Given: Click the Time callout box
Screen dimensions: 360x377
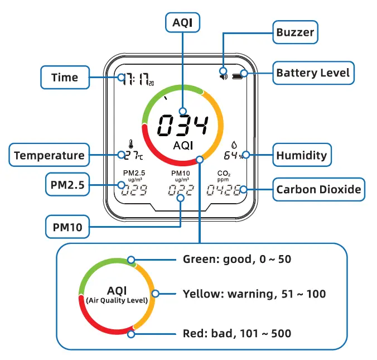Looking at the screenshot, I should (65, 77).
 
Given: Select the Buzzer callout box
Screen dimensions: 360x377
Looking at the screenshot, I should (295, 32).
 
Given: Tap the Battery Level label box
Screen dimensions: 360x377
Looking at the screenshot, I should (313, 73).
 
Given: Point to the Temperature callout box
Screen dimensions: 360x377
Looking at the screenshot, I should (49, 155).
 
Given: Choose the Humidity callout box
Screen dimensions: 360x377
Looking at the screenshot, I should (302, 155).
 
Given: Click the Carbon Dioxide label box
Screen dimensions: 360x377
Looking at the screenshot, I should (318, 190).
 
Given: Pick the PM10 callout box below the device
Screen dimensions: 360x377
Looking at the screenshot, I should (67, 227).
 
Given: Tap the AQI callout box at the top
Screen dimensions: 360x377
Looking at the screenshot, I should (182, 23).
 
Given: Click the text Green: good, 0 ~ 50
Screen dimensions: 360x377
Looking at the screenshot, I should (237, 259).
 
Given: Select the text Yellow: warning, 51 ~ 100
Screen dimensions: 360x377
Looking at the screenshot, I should (254, 294).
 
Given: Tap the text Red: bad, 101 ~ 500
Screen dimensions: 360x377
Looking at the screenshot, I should (237, 334).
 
